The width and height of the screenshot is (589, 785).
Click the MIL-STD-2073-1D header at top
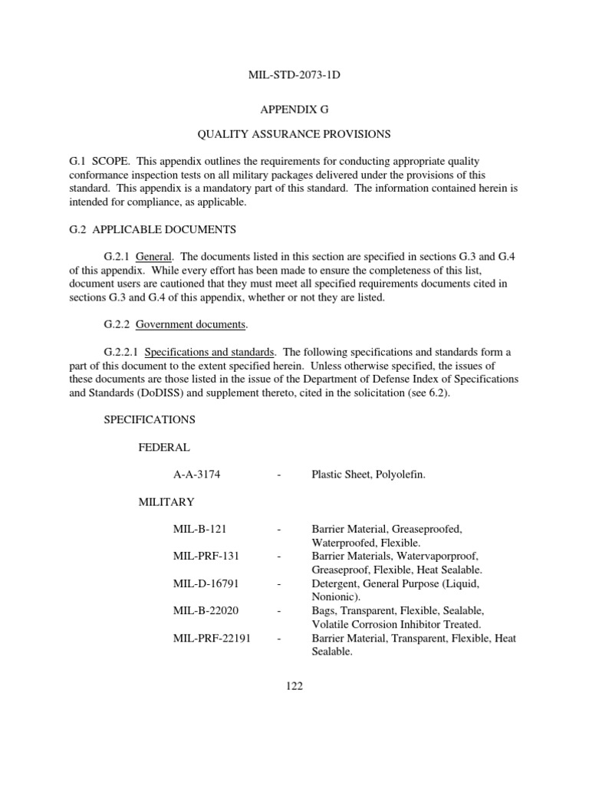click(x=294, y=75)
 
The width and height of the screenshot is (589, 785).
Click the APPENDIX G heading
click(x=294, y=110)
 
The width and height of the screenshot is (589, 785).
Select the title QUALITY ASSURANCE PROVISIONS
click(x=294, y=134)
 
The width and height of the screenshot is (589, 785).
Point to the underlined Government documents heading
click(x=191, y=324)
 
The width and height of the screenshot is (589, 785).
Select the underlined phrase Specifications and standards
click(x=209, y=352)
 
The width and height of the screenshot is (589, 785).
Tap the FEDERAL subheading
click(x=164, y=447)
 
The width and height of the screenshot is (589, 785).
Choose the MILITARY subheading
click(x=166, y=502)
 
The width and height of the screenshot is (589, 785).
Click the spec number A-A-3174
click(x=197, y=475)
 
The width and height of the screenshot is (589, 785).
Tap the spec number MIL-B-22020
click(x=206, y=611)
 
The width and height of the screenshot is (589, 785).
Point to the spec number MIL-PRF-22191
click(x=212, y=639)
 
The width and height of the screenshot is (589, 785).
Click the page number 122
click(x=294, y=686)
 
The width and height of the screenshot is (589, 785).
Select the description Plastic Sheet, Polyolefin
click(x=368, y=475)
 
